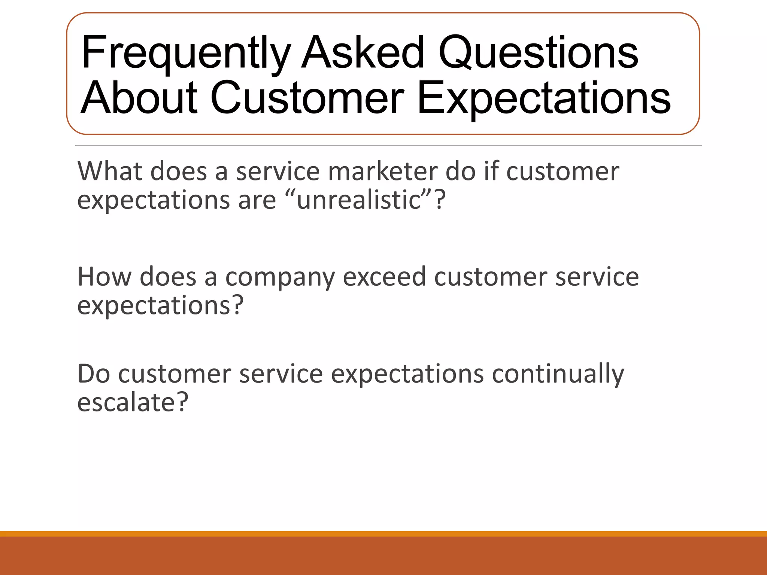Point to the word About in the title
[139, 98]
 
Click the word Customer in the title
[307, 98]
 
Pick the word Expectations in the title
[543, 98]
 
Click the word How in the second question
[104, 277]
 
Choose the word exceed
[384, 277]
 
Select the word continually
[558, 374]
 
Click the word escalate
[127, 402]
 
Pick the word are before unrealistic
[257, 200]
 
